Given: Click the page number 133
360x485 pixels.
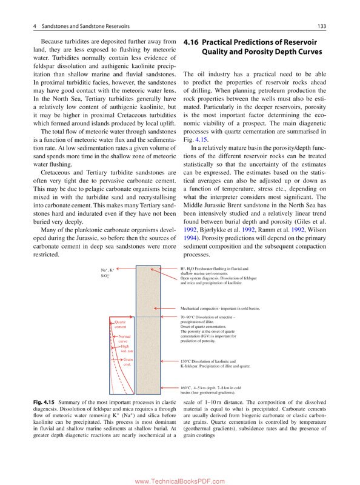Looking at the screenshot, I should click(322, 25).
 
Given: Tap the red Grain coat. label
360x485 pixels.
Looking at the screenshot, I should click(127, 362).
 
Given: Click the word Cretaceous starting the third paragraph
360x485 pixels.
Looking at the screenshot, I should click(58, 173).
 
